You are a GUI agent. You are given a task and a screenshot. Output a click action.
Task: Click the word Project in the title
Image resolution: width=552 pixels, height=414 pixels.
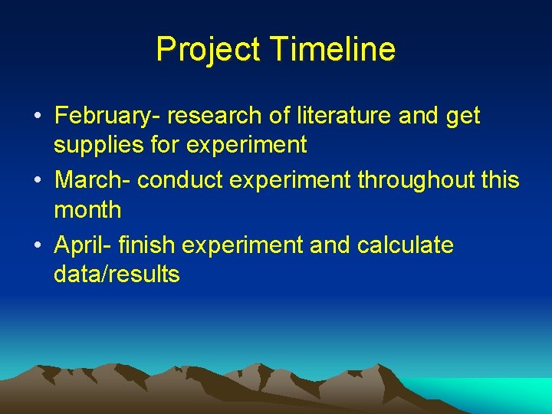(x=207, y=50)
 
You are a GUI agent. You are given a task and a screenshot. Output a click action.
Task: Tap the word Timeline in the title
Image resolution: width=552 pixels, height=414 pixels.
(x=333, y=50)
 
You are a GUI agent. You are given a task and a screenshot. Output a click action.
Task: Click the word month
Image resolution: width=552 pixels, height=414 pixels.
(x=87, y=209)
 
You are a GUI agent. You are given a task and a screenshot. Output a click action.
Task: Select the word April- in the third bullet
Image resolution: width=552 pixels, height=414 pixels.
(x=84, y=245)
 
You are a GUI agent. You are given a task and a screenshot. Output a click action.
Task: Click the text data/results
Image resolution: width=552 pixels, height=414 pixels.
(x=117, y=274)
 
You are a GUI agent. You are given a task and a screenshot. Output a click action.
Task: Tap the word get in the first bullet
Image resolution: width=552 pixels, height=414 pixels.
(x=464, y=117)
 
